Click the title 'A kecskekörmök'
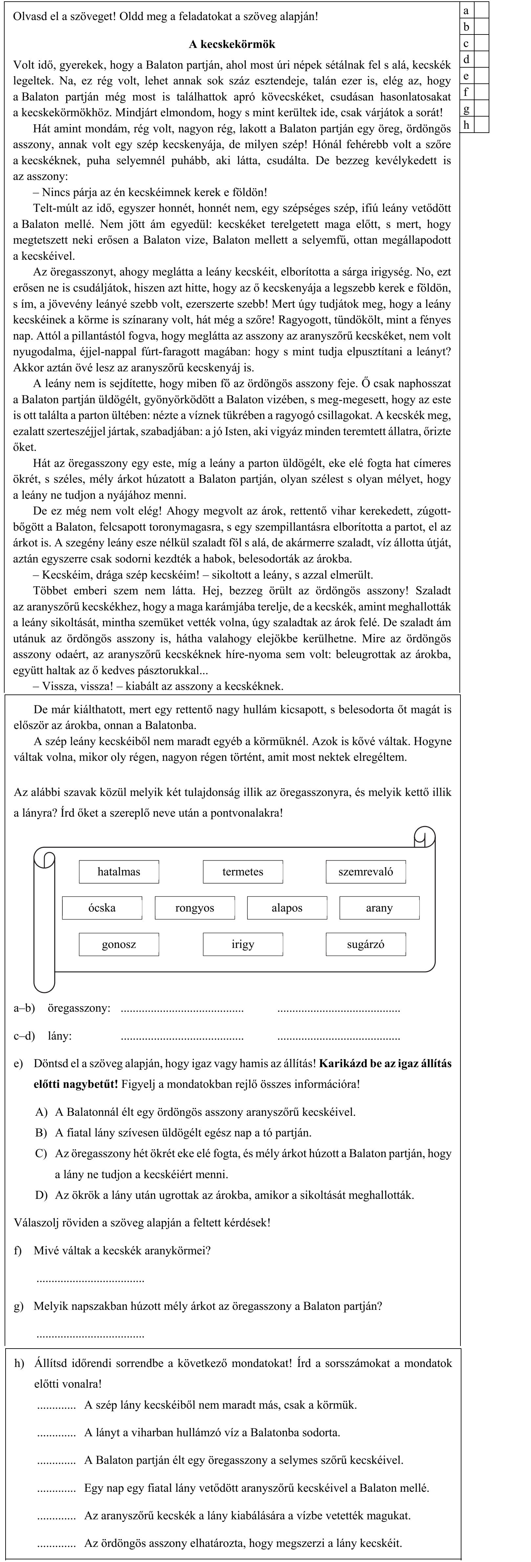[232, 44]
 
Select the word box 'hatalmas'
[119, 872]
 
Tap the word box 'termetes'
[243, 872]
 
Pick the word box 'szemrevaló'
[366, 872]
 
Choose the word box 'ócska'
[102, 908]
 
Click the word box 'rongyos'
[195, 908]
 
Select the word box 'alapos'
[287, 908]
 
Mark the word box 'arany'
[379, 908]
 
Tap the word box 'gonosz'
[119, 944]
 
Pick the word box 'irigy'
[243, 944]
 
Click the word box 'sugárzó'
[366, 944]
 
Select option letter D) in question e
[41, 1195]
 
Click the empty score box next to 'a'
[481, 10]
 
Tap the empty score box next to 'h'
[481, 125]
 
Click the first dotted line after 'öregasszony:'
[182, 1010]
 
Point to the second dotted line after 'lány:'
[338, 1038]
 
